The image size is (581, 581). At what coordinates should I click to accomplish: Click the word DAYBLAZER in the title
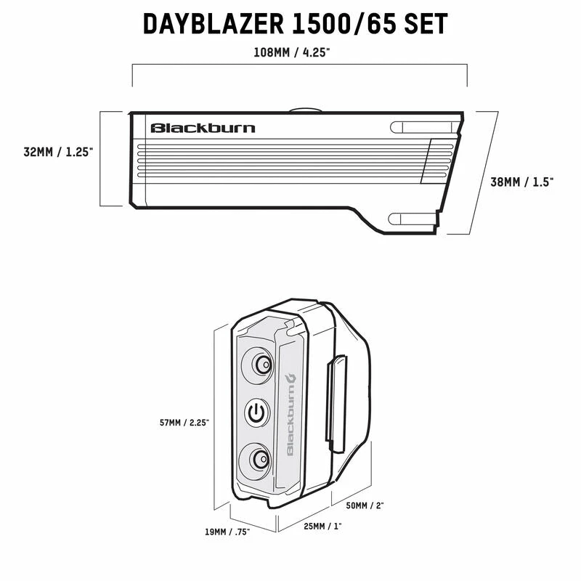[x=214, y=24]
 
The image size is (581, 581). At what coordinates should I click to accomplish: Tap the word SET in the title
[x=426, y=24]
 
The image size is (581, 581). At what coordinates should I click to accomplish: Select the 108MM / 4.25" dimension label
[x=292, y=52]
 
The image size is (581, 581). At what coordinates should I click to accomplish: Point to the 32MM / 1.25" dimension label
[x=58, y=152]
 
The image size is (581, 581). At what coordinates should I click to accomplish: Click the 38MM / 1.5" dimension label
[x=521, y=182]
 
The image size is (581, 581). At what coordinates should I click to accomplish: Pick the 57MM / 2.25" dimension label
[x=184, y=423]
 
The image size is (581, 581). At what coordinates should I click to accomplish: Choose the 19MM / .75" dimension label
[x=227, y=532]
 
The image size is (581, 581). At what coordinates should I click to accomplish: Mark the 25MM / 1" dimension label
[x=322, y=526]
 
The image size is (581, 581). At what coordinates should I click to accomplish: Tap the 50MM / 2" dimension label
[x=365, y=505]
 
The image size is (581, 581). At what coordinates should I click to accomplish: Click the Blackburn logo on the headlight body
[x=203, y=129]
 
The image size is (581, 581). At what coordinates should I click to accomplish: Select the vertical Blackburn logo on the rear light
[x=291, y=415]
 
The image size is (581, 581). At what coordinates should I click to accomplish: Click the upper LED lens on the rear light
[x=259, y=365]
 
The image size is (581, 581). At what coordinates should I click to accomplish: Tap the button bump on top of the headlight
[x=305, y=110]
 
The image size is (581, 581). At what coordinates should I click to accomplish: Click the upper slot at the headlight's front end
[x=422, y=128]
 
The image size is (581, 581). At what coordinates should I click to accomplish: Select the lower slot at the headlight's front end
[x=413, y=219]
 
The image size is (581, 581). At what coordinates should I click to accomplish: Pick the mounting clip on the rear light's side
[x=337, y=405]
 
